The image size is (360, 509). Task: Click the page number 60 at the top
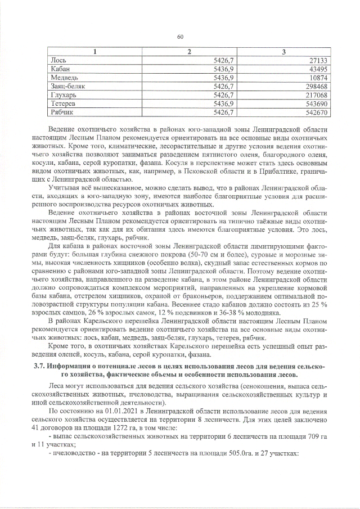click(x=180, y=37)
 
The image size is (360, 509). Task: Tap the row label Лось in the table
click(x=57, y=60)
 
